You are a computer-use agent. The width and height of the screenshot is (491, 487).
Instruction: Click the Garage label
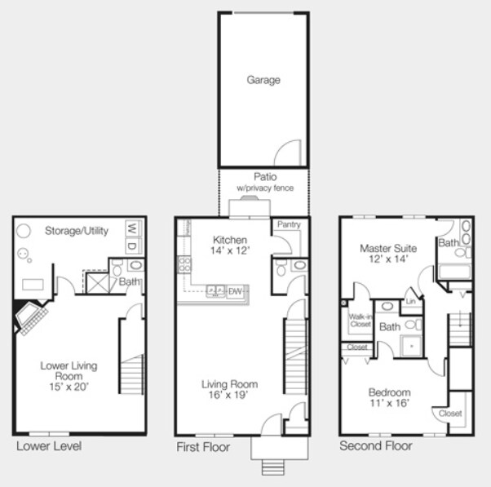[263, 80]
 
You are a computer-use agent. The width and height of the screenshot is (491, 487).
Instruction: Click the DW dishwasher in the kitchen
[235, 290]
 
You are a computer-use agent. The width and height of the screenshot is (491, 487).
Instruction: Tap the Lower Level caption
[48, 446]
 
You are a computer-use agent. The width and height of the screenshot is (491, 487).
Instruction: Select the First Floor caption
[203, 447]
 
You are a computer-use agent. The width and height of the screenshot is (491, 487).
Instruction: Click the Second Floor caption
[375, 446]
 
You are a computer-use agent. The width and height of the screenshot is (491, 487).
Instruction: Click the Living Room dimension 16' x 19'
[229, 395]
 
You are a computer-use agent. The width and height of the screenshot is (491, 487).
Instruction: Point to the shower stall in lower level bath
[99, 283]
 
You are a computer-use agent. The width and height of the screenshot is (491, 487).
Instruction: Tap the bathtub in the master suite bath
[453, 272]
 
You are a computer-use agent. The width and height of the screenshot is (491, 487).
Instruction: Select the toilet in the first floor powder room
[282, 267]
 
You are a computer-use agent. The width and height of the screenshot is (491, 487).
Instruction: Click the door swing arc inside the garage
[290, 152]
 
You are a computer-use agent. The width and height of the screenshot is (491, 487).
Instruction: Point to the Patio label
[264, 176]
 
